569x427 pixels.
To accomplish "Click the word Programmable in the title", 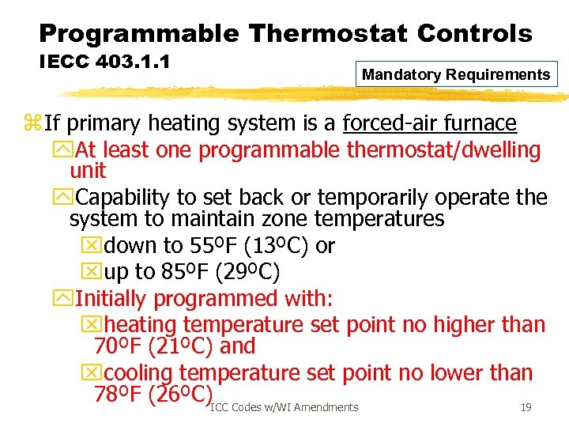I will coord(138,33).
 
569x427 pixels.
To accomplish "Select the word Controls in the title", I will coord(473,33).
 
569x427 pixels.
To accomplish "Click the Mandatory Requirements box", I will coord(456,75).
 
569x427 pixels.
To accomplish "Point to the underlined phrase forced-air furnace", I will coord(430,123).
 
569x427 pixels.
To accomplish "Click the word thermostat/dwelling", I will coord(443,149).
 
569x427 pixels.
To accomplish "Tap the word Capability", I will coord(123,197).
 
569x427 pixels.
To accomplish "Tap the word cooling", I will coord(139,372).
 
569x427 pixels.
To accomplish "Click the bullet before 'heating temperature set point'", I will coord(91,325).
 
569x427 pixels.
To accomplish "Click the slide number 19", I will coord(526,407).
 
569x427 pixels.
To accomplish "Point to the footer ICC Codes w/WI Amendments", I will coord(284,407).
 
